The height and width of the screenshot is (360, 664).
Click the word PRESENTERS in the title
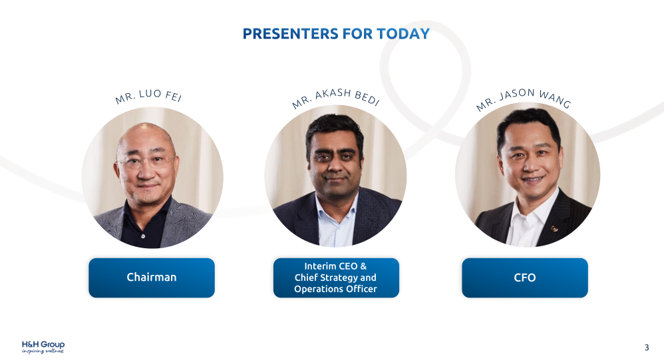tap(291, 33)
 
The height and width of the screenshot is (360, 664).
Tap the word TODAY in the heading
tap(403, 33)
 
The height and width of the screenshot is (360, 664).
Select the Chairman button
tap(152, 277)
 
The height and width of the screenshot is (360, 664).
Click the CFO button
tap(525, 277)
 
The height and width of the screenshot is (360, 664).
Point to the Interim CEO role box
tap(336, 277)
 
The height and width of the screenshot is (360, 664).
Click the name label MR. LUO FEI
tap(148, 96)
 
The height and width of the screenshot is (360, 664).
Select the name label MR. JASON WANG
tap(524, 99)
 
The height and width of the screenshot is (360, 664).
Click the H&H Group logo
tap(43, 347)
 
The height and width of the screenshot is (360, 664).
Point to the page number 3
tap(647, 348)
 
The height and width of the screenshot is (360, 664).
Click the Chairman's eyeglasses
tap(146, 161)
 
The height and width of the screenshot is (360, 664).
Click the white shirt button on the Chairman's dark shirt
tap(142, 236)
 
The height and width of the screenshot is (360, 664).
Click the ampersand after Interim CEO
tap(363, 266)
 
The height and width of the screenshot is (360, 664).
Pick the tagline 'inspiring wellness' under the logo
tap(43, 351)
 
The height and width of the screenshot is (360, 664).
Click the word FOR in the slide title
tap(358, 33)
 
